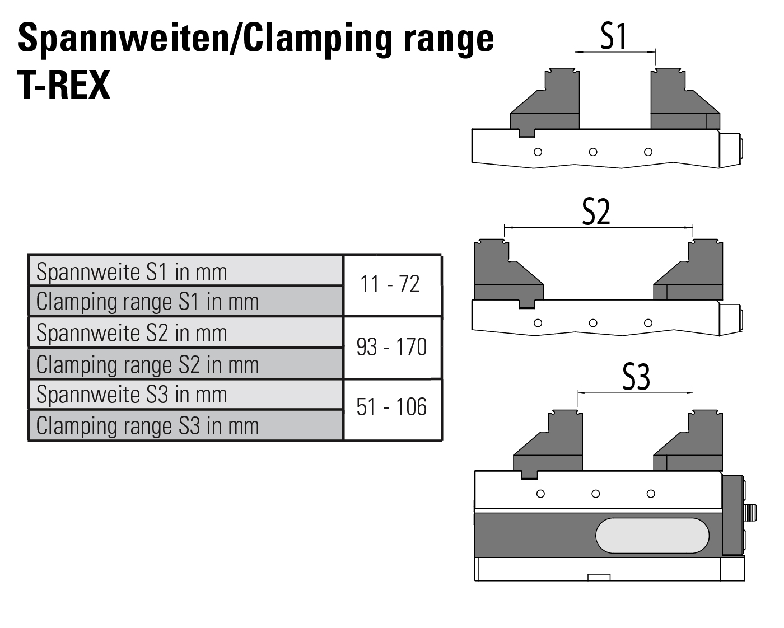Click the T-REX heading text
(64, 86)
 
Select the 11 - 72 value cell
(390, 285)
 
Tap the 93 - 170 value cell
(391, 348)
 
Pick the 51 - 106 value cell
(391, 407)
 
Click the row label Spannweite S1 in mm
(132, 273)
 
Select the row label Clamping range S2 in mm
(147, 365)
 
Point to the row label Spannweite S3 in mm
(132, 395)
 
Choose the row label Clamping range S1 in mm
(147, 302)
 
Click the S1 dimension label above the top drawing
(614, 37)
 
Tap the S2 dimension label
(596, 213)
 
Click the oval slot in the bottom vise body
(652, 536)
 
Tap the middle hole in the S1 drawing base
(593, 152)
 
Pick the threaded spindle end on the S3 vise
(750, 512)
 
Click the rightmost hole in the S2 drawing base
(648, 323)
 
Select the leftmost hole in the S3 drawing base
(540, 494)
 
